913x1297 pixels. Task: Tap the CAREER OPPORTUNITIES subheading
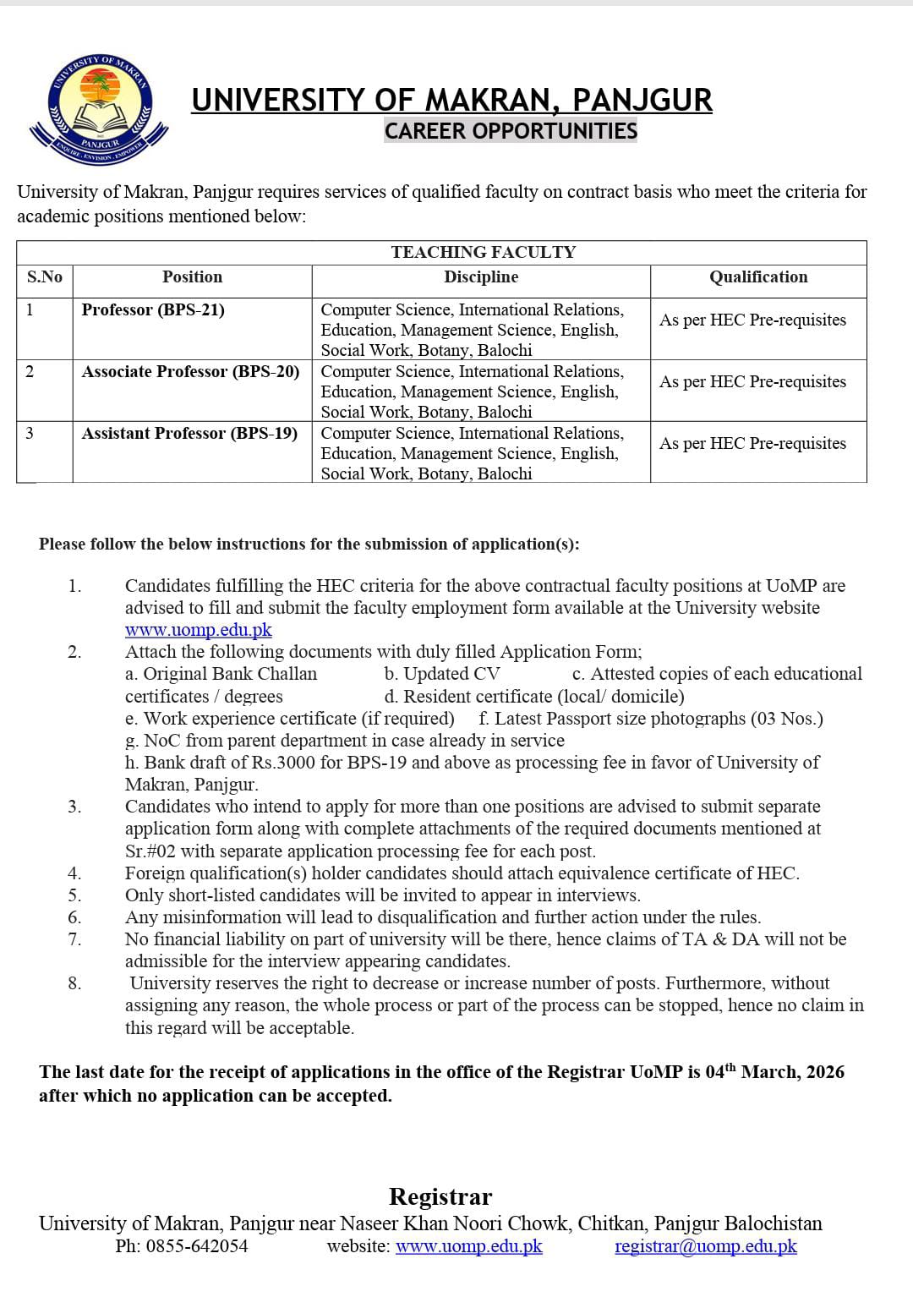511,131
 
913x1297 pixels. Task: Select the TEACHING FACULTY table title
483,252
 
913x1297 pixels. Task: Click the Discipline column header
481,277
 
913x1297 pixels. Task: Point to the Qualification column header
758,277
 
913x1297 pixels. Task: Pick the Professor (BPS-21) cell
153,310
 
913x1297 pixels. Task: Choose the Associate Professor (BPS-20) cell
190,372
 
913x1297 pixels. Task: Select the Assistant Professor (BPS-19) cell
189,434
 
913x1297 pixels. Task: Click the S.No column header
44,277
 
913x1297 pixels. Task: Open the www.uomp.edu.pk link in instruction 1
199,630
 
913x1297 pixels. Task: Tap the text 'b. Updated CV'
441,674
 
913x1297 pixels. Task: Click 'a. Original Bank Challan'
221,674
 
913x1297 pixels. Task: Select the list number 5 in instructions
74,895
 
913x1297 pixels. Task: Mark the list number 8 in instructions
74,983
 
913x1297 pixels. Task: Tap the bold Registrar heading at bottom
440,1197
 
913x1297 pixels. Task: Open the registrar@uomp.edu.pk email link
705,1246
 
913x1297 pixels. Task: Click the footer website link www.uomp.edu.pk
468,1246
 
